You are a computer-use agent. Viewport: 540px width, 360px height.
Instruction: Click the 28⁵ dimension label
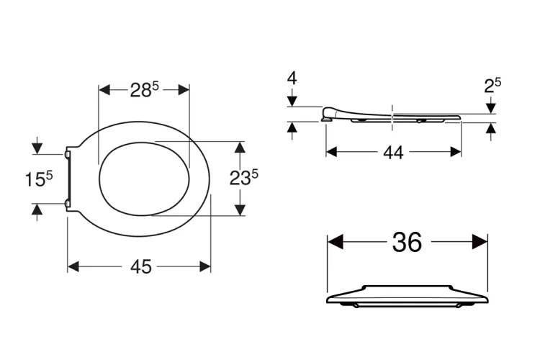144,90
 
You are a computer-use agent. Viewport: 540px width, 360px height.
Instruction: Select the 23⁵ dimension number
244,179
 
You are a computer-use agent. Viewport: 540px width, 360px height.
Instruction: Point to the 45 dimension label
141,266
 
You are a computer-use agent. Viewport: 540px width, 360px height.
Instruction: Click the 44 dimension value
392,152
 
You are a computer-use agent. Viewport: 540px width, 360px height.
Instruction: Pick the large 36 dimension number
407,243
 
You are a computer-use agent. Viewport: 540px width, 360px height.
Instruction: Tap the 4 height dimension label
292,78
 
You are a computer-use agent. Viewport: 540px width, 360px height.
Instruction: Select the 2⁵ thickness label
492,86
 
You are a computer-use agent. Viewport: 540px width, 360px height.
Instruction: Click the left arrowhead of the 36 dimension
335,243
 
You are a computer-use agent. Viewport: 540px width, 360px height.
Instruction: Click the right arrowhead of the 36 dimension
480,243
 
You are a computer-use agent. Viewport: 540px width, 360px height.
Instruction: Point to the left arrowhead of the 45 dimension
73,266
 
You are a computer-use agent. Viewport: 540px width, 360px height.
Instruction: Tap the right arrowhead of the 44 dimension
456,152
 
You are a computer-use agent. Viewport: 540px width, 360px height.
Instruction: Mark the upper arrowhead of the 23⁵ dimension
240,147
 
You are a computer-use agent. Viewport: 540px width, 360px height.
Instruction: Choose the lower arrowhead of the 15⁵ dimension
37,209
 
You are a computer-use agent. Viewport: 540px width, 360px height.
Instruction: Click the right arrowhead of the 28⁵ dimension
183,90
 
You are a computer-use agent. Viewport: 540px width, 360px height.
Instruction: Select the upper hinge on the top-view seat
68,153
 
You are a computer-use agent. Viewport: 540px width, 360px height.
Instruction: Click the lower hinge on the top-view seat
68,204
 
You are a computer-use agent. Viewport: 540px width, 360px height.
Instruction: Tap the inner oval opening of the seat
144,179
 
